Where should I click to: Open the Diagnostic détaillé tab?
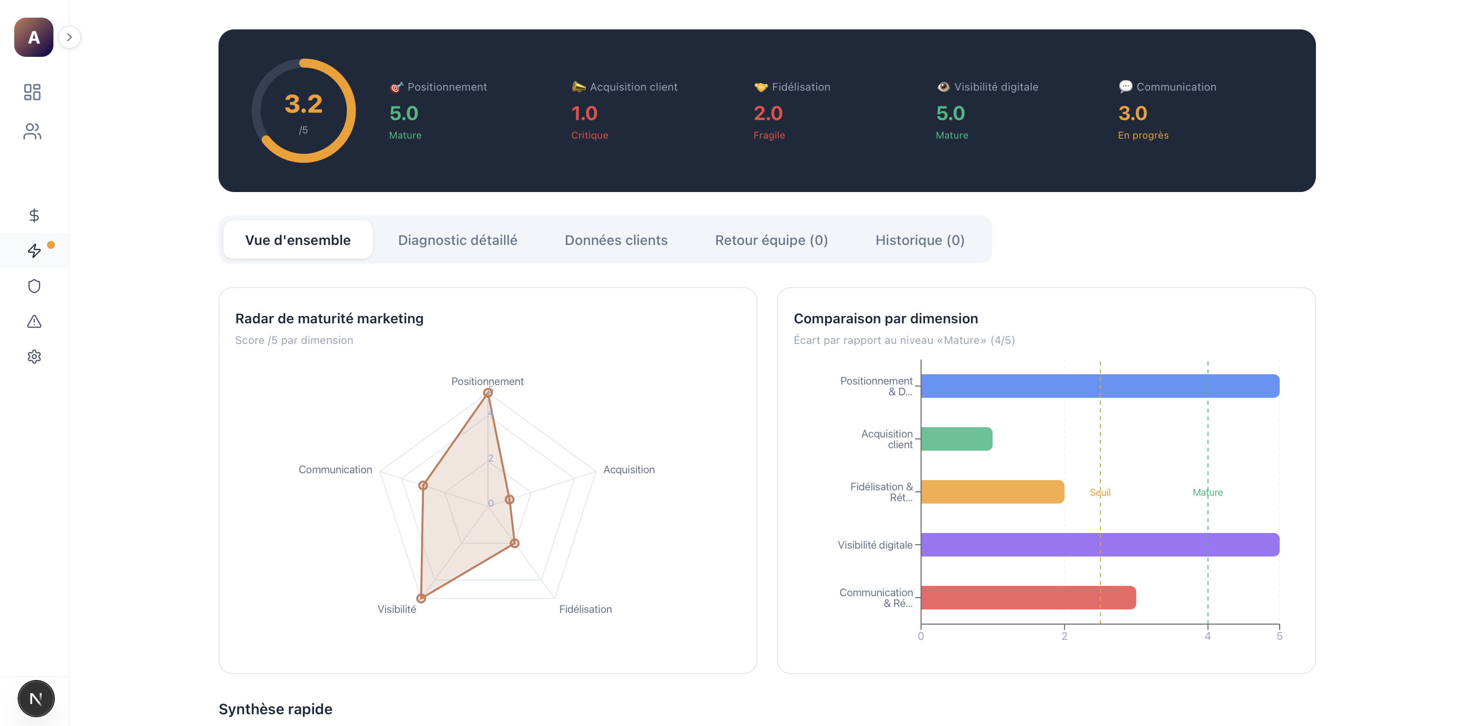tap(457, 240)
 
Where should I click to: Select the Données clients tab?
tap(616, 240)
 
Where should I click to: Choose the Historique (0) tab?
tap(919, 240)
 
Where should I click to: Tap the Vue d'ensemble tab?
tap(298, 240)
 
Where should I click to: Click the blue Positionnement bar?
tap(1100, 386)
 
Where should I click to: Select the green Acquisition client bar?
tap(957, 439)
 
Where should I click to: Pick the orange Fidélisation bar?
tap(992, 491)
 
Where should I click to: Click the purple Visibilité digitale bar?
tap(1100, 545)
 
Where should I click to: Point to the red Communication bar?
tap(1028, 598)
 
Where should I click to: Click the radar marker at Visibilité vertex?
tap(421, 598)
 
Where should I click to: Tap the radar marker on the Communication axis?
tap(422, 485)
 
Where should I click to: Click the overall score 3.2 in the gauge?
tap(304, 104)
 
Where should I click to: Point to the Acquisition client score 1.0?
tap(584, 113)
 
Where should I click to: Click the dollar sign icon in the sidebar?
tap(34, 215)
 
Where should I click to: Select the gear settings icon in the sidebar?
tap(34, 357)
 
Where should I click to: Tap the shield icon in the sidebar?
tap(34, 286)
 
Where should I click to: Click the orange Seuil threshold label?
tap(1100, 492)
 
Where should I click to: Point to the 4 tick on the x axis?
tap(1208, 636)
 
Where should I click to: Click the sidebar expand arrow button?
tap(69, 37)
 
